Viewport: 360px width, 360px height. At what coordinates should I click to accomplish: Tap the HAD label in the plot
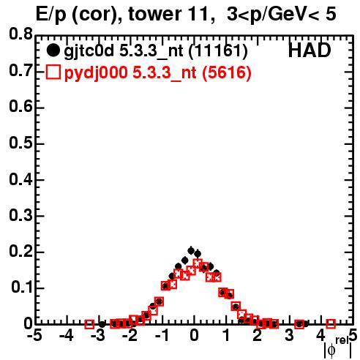(310, 50)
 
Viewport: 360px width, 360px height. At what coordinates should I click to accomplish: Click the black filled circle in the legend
(53, 50)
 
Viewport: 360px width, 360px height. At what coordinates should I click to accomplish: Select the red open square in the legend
(53, 72)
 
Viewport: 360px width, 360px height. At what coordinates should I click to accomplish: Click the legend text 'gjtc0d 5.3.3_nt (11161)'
(156, 51)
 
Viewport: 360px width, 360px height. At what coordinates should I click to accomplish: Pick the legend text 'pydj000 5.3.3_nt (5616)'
(157, 73)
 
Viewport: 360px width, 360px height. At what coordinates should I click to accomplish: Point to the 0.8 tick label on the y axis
(20, 34)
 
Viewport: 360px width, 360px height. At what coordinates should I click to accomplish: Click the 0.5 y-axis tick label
(20, 143)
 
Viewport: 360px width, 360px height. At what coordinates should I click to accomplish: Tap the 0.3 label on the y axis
(20, 215)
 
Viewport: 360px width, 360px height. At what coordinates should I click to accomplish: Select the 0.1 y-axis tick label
(22, 288)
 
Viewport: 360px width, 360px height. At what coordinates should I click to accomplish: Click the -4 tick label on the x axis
(66, 336)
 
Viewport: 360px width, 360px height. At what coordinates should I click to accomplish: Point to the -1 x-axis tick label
(162, 336)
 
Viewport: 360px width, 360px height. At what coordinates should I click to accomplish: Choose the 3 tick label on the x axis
(289, 336)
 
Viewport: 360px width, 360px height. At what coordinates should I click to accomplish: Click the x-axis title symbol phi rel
(337, 347)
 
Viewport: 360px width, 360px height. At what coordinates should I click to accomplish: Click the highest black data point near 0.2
(191, 250)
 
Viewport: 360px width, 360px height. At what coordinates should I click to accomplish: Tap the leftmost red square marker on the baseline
(89, 324)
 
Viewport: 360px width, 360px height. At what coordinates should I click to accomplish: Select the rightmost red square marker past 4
(331, 324)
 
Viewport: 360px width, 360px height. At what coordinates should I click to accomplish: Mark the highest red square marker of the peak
(198, 263)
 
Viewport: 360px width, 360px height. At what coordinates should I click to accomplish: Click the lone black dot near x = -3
(102, 324)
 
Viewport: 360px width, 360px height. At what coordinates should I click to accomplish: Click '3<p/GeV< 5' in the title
(282, 15)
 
